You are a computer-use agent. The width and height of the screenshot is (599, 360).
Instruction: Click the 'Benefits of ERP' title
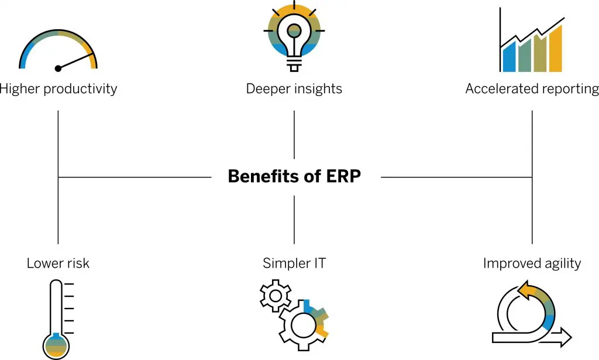(294, 176)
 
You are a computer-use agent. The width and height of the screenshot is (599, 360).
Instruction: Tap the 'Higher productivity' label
(58, 89)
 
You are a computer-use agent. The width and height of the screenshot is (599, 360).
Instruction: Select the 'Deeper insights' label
(294, 89)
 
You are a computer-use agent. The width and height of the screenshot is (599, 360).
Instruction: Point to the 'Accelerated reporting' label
(532, 89)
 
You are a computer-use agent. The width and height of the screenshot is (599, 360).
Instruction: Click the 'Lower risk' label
(58, 263)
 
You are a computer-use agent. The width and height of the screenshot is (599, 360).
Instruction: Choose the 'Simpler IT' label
(294, 263)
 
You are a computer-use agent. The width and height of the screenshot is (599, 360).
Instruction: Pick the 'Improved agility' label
(532, 263)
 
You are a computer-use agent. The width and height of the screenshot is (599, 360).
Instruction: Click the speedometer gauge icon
(58, 50)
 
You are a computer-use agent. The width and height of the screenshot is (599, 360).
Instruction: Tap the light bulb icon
(294, 35)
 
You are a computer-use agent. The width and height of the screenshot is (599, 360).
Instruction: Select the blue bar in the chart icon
(510, 56)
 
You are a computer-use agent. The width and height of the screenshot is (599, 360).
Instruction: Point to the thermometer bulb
(57, 345)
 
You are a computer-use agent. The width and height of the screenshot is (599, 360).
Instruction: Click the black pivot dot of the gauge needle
(58, 68)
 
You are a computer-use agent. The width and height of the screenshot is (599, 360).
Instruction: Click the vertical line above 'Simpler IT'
(294, 219)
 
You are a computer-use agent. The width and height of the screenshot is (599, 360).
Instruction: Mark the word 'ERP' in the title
(345, 176)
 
